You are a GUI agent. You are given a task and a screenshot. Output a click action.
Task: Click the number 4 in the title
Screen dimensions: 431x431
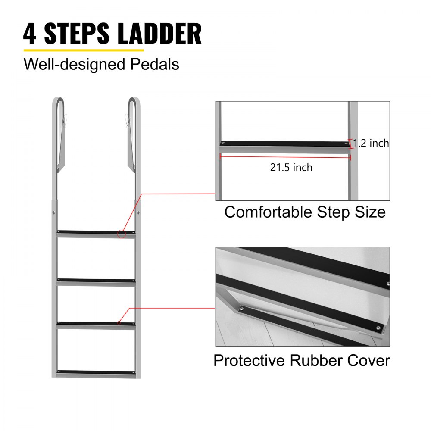[x=30, y=34]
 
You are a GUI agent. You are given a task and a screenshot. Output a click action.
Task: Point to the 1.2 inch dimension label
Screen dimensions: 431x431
[x=371, y=143]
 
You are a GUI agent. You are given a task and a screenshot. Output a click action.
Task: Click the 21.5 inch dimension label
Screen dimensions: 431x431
[x=291, y=167]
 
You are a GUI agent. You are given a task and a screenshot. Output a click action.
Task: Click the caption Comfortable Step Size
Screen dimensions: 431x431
[x=305, y=212]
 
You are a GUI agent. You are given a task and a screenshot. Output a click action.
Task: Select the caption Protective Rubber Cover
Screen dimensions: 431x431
[x=302, y=360]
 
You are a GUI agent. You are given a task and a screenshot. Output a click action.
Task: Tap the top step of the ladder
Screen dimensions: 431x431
[x=96, y=233]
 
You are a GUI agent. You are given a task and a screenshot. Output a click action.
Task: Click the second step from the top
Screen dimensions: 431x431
[x=96, y=281]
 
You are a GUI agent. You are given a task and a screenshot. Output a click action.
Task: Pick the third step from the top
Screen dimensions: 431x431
[x=96, y=324]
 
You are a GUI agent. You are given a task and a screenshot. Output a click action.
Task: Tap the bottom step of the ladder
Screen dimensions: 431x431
[x=96, y=372]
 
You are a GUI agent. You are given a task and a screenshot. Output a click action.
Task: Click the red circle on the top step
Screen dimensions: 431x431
[x=122, y=234]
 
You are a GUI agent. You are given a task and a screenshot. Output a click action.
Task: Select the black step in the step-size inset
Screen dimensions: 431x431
[x=284, y=143]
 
